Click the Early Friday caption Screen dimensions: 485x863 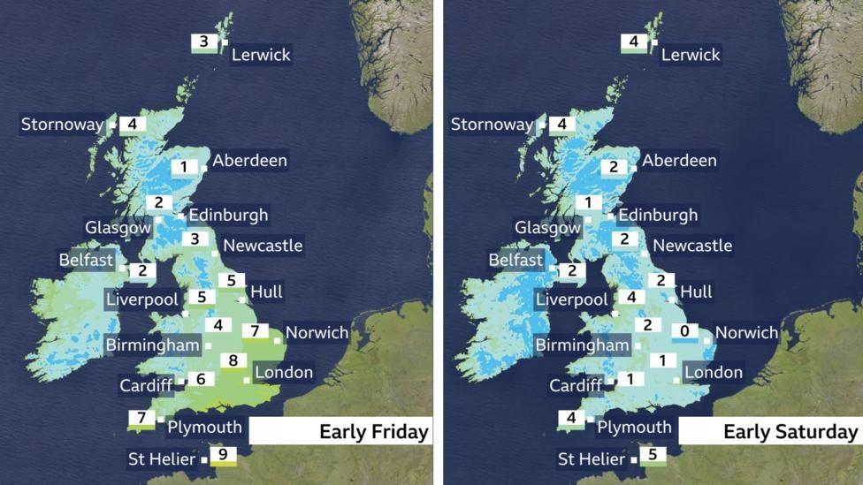pyautogui.click(x=374, y=432)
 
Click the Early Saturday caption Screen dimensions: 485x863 pyautogui.click(x=790, y=432)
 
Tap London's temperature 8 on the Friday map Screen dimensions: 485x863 pyautogui.click(x=233, y=360)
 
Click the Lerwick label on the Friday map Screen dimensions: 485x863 pyautogui.click(x=261, y=55)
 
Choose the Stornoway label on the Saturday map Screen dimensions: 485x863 pyautogui.click(x=492, y=125)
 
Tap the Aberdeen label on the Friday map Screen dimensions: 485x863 pyautogui.click(x=250, y=161)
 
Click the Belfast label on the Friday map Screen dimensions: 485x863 pyautogui.click(x=87, y=260)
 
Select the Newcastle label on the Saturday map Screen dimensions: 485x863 pyautogui.click(x=692, y=246)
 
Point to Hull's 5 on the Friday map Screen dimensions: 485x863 pyautogui.click(x=231, y=281)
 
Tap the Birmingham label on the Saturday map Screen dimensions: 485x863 pyautogui.click(x=582, y=345)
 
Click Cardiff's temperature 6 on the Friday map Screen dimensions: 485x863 pyautogui.click(x=201, y=379)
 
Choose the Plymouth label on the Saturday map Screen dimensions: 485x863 pyautogui.click(x=634, y=428)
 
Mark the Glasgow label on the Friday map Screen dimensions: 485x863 pyautogui.click(x=118, y=228)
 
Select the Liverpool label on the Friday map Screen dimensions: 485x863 pyautogui.click(x=141, y=300)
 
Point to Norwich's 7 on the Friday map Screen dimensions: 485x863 pyautogui.click(x=255, y=331)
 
